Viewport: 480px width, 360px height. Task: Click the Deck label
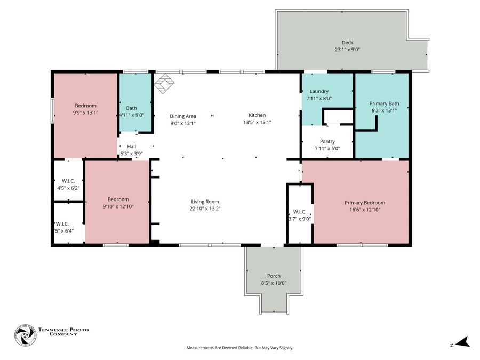point(347,43)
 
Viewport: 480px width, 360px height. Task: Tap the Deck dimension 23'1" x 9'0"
point(347,50)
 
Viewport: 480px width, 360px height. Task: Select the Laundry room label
point(319,91)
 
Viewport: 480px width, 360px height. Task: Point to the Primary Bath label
point(384,103)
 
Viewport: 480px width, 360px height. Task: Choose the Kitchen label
point(257,115)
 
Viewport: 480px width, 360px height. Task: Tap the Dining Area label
point(183,116)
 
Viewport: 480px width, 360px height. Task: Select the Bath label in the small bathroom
point(131,108)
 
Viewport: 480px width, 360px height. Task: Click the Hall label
point(132,146)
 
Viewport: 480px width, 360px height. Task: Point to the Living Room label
point(205,202)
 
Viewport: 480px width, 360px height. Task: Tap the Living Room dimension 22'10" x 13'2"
point(205,209)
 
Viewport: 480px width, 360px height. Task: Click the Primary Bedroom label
point(365,203)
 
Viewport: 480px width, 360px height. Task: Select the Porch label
point(274,276)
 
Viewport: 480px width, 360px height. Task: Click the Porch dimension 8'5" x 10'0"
point(274,283)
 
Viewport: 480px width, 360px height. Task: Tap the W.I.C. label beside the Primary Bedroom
point(299,212)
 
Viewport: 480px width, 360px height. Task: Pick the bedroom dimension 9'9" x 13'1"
point(85,113)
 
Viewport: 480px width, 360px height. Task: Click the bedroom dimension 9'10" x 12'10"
point(117,206)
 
